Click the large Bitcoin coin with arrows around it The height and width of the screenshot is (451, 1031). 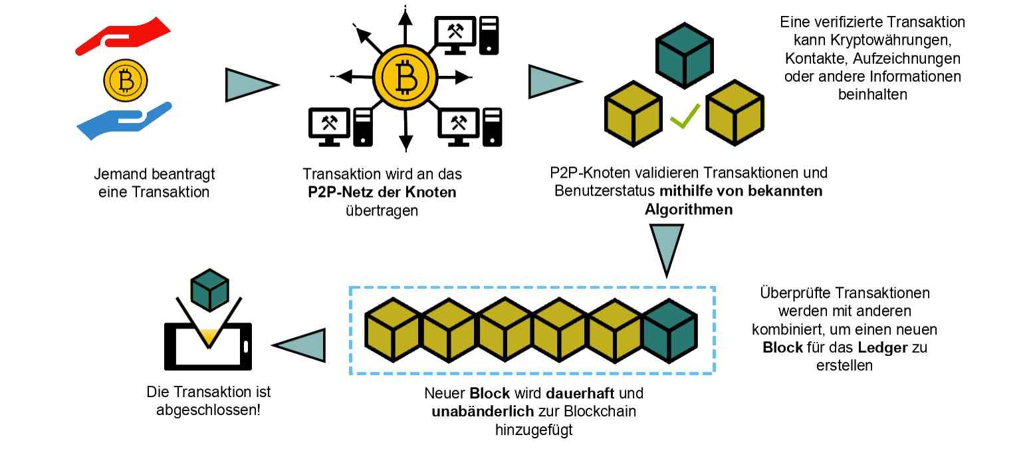coord(405,78)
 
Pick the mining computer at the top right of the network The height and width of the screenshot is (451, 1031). coord(466,35)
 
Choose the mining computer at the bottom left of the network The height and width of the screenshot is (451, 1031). coord(340,126)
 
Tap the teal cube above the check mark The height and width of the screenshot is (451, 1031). coord(685,57)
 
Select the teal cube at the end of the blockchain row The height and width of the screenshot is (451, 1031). coord(670,331)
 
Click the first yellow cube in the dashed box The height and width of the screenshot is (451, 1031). coord(392,331)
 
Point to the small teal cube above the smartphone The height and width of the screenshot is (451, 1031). coord(209,290)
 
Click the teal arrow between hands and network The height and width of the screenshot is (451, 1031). coord(247,85)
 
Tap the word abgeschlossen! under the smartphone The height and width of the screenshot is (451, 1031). coord(208,410)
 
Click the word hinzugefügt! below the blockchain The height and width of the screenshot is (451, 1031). coord(533,430)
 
